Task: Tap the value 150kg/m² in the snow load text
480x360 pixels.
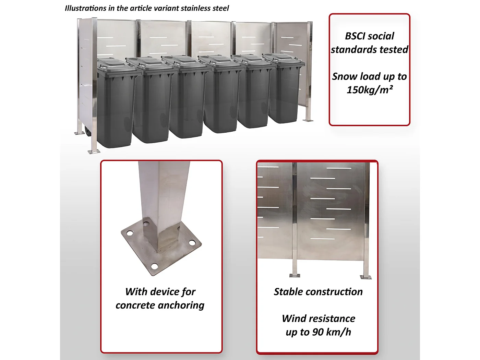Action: coord(369,90)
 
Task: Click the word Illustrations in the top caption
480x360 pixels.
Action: coord(85,8)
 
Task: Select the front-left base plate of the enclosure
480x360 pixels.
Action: coord(93,152)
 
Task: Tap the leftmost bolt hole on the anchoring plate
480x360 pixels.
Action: coord(130,233)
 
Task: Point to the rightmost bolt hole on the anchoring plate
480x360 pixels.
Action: coord(192,243)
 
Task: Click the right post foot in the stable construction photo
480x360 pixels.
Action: coord(365,277)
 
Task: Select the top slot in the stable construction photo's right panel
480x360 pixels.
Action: coord(339,168)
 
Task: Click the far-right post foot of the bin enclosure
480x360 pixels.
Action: coord(308,120)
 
